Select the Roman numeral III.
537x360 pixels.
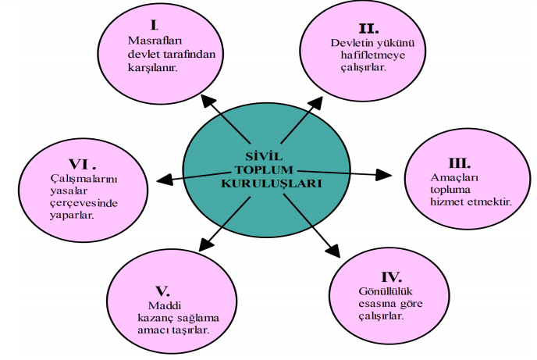[x=458, y=163]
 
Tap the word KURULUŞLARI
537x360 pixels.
[x=266, y=182]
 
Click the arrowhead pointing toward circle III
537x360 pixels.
[x=386, y=173]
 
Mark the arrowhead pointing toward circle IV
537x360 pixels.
[x=333, y=249]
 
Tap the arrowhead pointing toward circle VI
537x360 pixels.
[x=164, y=179]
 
